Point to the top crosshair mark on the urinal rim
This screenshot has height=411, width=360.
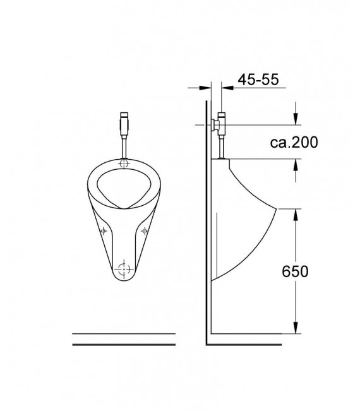coord(124,165)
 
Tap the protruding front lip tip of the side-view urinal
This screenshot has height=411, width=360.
coord(277,208)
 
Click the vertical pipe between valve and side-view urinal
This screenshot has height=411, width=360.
coord(221,146)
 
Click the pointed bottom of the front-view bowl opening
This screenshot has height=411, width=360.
coord(124,206)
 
